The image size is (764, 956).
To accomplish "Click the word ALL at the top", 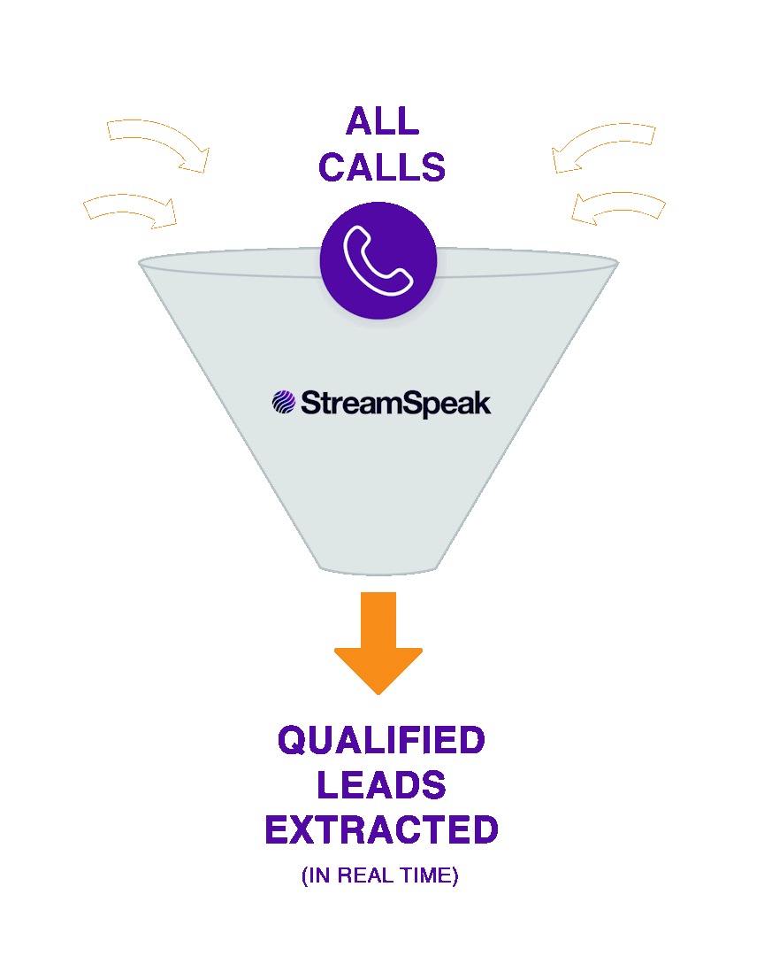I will tap(382, 122).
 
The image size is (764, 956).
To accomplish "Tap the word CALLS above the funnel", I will tap(382, 167).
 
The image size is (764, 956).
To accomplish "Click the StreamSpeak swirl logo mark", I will tap(283, 403).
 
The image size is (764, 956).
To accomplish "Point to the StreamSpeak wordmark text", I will tap(395, 404).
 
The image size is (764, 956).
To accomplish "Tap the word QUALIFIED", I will tap(382, 740).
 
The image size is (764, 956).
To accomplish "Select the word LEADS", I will tap(382, 785).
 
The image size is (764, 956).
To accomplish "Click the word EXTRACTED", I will tap(382, 830).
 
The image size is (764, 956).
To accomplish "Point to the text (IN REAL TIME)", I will tap(380, 876).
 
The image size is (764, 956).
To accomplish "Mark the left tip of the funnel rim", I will tap(141, 262).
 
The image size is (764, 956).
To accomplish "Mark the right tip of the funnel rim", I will tap(616, 262).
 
